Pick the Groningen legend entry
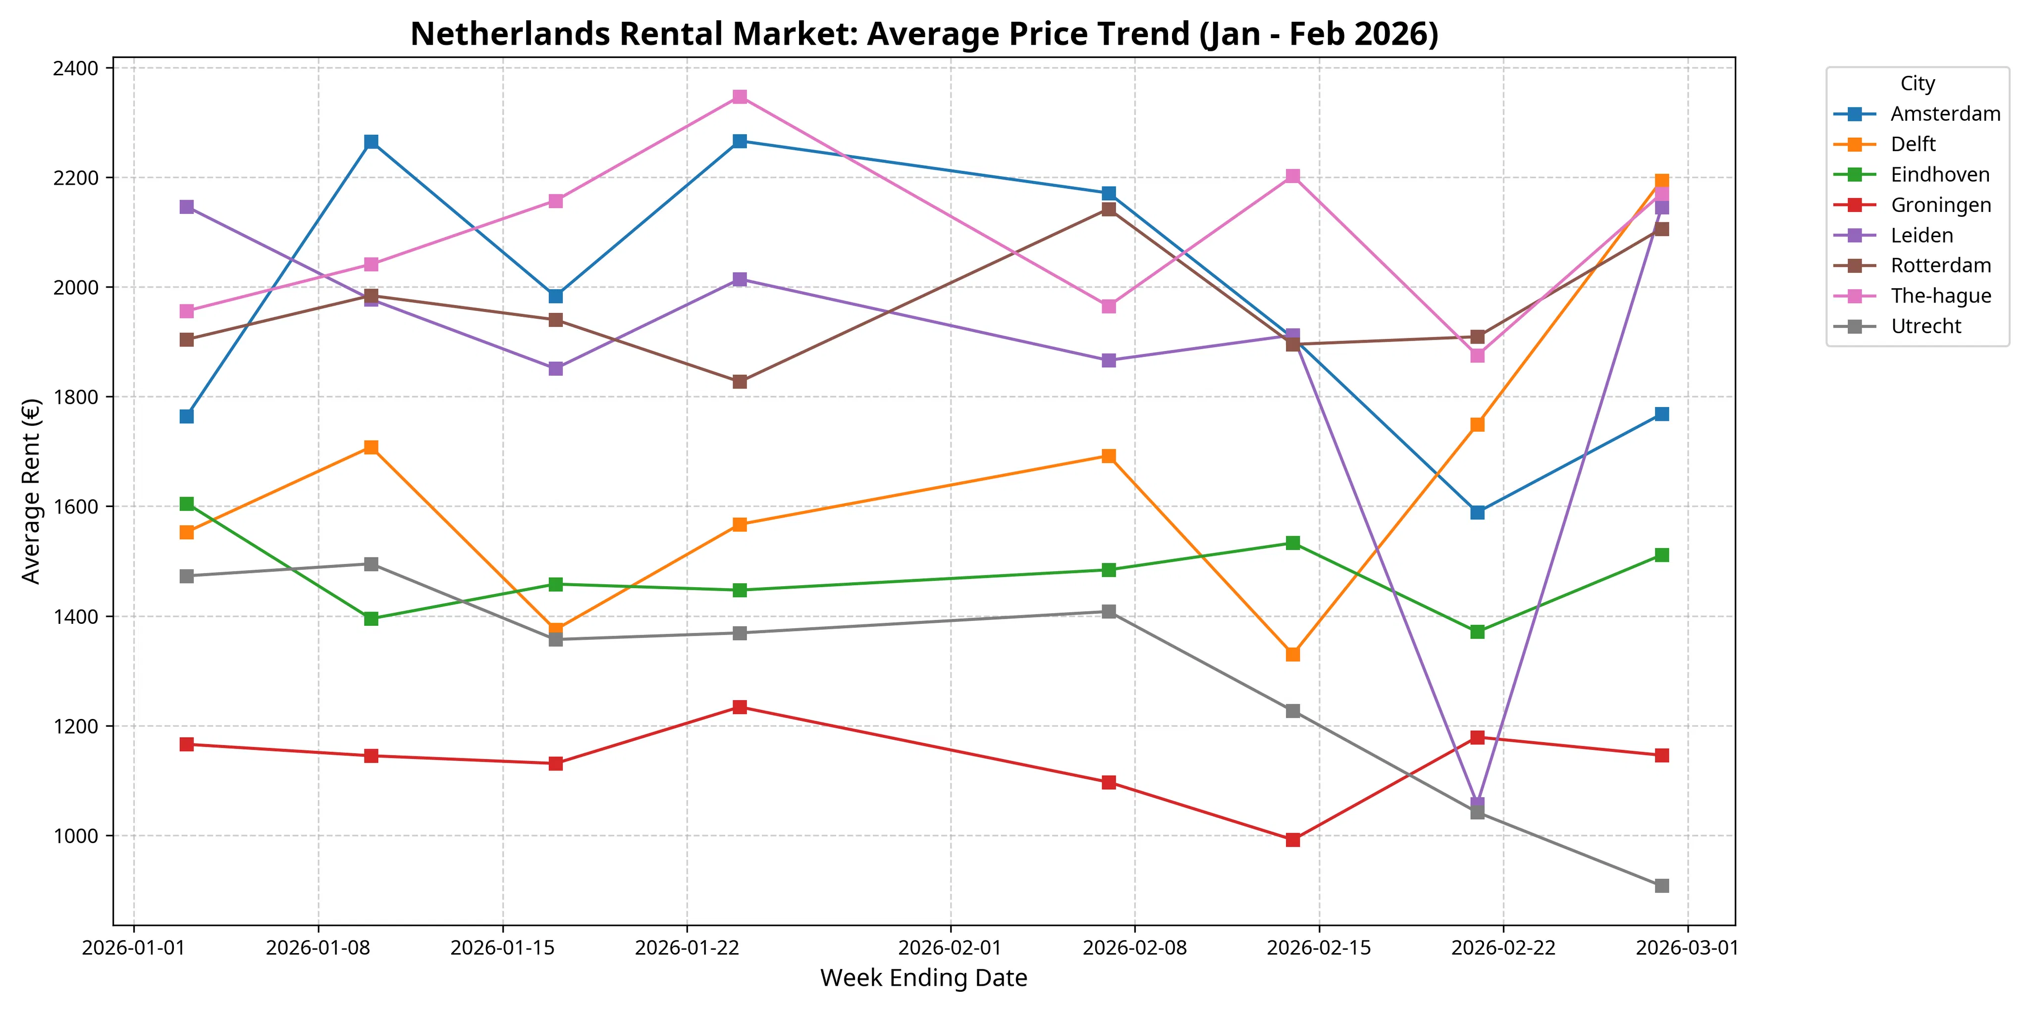[x=1940, y=205]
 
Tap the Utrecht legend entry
[x=1926, y=327]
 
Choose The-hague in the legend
[x=1940, y=296]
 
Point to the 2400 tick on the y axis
[x=76, y=68]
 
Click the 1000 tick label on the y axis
[x=76, y=836]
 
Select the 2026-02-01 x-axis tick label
[x=950, y=947]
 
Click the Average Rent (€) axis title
[x=32, y=491]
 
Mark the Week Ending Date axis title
[x=924, y=978]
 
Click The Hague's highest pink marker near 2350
[x=740, y=97]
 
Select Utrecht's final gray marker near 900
[x=1662, y=886]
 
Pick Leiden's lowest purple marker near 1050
[x=1478, y=804]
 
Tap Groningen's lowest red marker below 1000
[x=1292, y=840]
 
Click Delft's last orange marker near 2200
[x=1662, y=181]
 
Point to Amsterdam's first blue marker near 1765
[x=187, y=416]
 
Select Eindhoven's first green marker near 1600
[x=187, y=504]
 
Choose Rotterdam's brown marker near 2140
[x=1108, y=209]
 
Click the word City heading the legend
[x=1917, y=84]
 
